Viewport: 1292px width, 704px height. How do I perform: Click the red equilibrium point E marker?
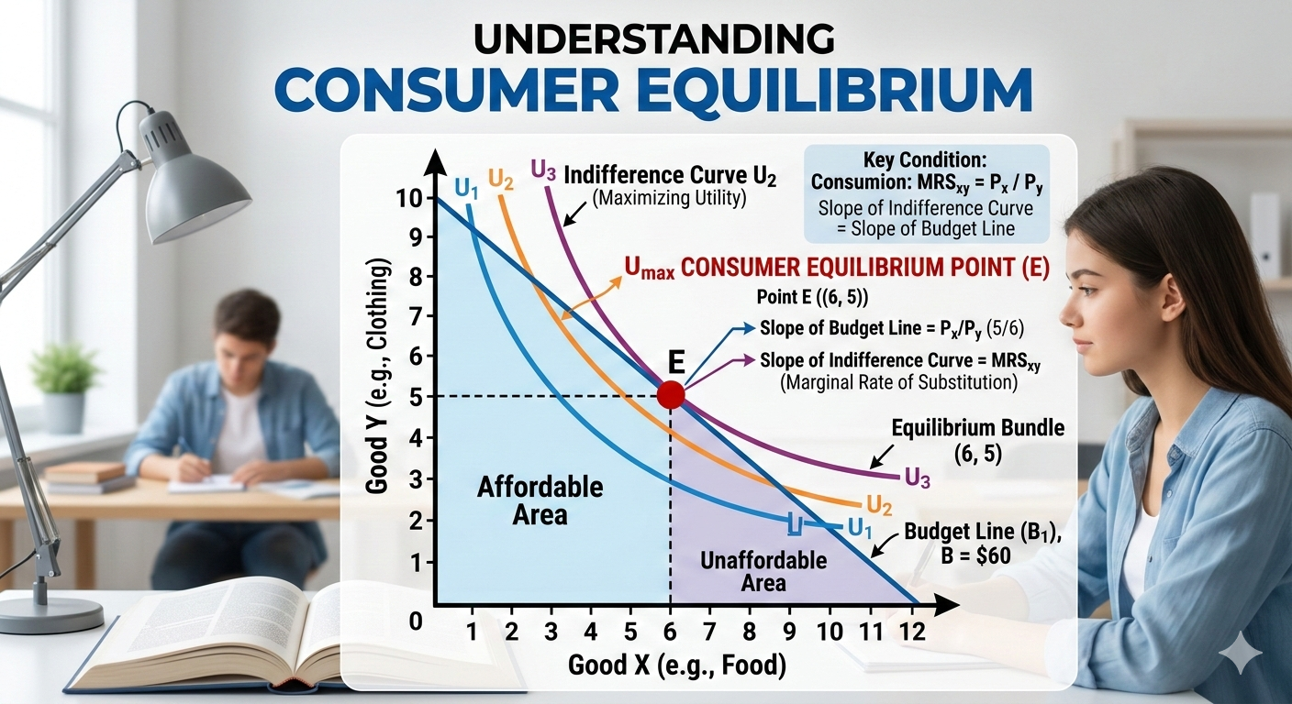pyautogui.click(x=671, y=395)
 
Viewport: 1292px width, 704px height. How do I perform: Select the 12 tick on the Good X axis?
pyautogui.click(x=912, y=632)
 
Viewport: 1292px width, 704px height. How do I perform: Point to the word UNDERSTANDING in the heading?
pyautogui.click(x=654, y=38)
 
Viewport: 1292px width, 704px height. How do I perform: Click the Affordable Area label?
pyautogui.click(x=540, y=500)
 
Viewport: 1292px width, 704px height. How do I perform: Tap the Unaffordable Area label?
pyautogui.click(x=763, y=571)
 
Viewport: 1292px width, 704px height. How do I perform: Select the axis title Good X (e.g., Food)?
pyautogui.click(x=677, y=665)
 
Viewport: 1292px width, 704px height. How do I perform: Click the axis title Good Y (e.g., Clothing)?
pyautogui.click(x=377, y=377)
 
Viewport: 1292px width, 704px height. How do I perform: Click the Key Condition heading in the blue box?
pyautogui.click(x=925, y=159)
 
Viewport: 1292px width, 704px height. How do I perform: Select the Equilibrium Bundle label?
pyautogui.click(x=977, y=428)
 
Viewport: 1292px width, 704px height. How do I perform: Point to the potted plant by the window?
pyautogui.click(x=64, y=387)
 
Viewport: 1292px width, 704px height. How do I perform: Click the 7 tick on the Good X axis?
pyautogui.click(x=709, y=632)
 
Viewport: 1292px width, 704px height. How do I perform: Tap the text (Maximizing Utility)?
pyautogui.click(x=669, y=198)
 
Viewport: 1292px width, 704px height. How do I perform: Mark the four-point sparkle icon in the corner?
pyautogui.click(x=1243, y=656)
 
